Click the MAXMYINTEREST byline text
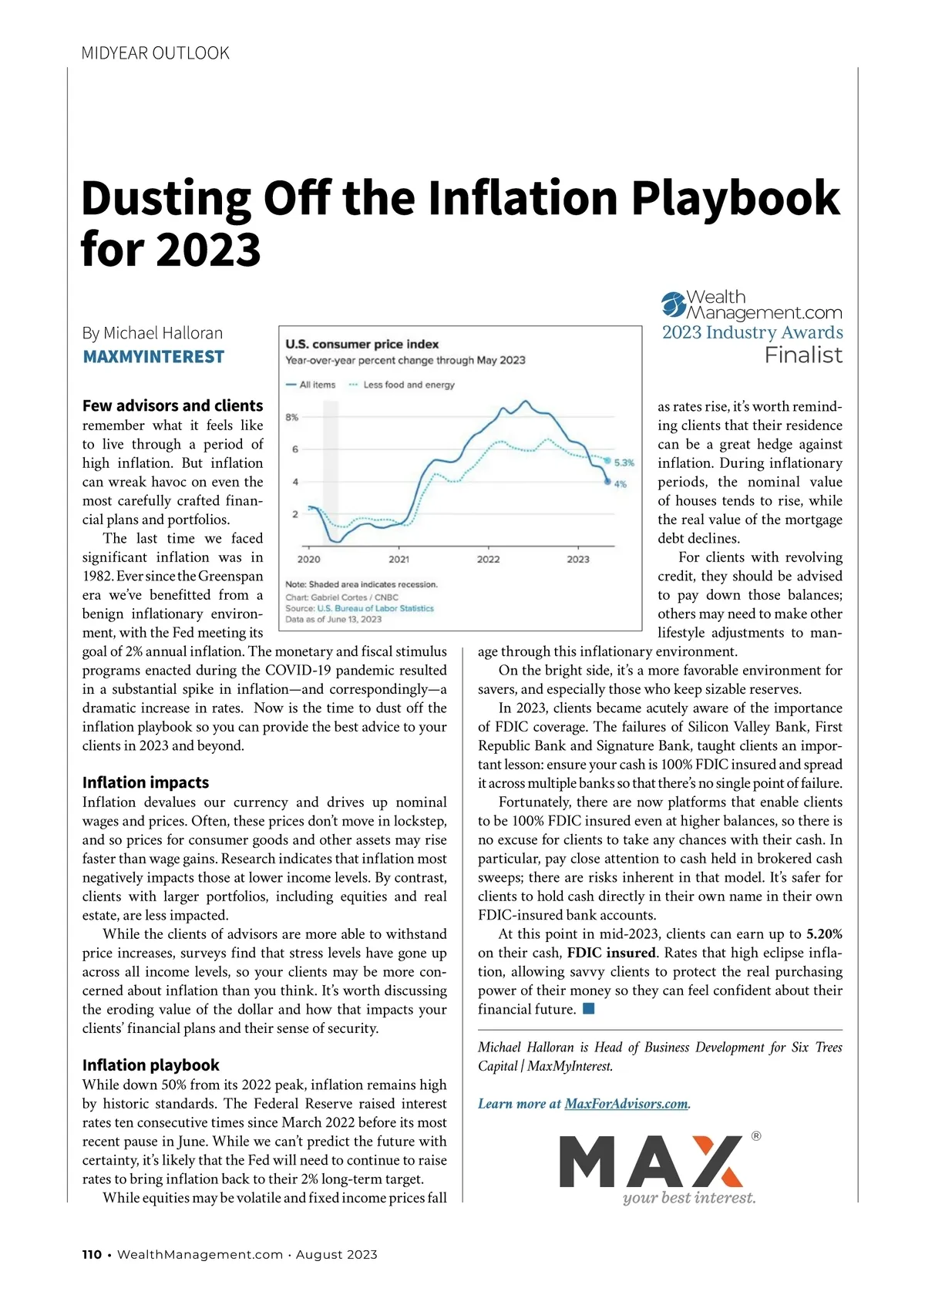(153, 357)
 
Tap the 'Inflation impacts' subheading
(146, 782)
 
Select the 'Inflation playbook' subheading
(151, 1065)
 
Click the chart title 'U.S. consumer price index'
(362, 344)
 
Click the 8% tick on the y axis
(292, 417)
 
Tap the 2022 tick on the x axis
(488, 559)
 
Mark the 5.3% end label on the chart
(624, 462)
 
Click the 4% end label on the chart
(621, 484)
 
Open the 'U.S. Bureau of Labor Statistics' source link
(375, 608)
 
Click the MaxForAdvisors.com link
(626, 1104)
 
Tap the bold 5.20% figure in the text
(824, 934)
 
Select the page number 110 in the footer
(92, 1255)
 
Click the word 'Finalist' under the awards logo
(803, 355)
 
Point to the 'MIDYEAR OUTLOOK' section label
(155, 53)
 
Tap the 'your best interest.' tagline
(689, 1198)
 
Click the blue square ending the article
(589, 1009)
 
